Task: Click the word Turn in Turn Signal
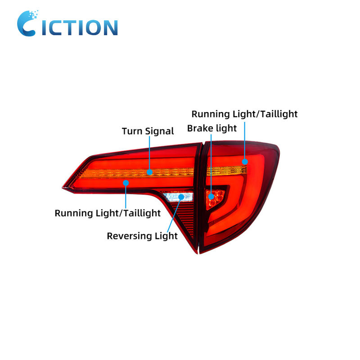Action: pos(132,131)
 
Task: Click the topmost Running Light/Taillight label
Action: pos(244,114)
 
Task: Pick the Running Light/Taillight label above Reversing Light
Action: pos(108,213)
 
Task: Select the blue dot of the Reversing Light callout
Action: pos(181,197)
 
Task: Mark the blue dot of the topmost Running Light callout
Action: pos(245,161)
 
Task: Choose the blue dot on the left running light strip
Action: pos(126,183)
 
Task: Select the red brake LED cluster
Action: pos(215,197)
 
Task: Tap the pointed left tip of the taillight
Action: pos(63,187)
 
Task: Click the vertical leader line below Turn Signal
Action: pos(149,153)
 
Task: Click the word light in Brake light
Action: pos(225,129)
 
